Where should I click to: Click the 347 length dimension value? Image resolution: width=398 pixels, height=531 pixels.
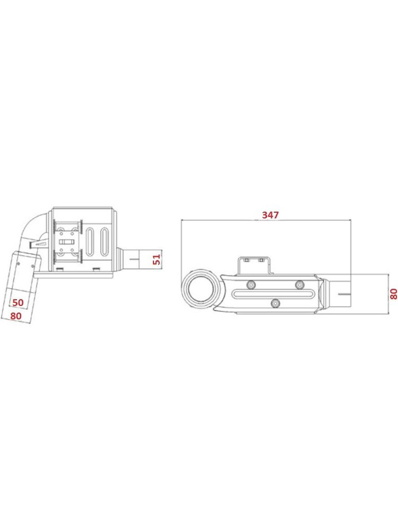pos(271,215)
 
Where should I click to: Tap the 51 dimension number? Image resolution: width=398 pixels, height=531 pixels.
pos(157,260)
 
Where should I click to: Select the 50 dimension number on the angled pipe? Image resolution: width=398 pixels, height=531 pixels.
pos(18,302)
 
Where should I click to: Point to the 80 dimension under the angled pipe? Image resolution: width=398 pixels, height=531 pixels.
pos(16,315)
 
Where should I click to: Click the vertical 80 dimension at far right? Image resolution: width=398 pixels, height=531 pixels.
pos(394,294)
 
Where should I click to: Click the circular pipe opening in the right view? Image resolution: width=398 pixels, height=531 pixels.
pos(201,290)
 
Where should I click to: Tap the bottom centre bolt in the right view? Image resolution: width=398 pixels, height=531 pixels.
pos(276,303)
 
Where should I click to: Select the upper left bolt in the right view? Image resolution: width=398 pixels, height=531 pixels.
pos(251,285)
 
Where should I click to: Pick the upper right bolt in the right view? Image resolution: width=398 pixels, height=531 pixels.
pos(299,285)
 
